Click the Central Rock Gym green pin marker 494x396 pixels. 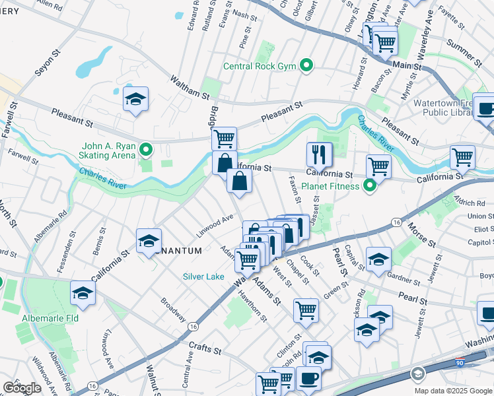pyautogui.click(x=306, y=65)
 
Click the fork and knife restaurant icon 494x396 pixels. pyautogui.click(x=319, y=154)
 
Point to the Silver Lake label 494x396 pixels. pyautogui.click(x=205, y=277)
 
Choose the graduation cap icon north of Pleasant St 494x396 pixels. pyautogui.click(x=135, y=100)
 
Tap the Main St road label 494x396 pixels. pyautogui.click(x=407, y=65)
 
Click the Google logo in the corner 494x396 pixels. pyautogui.click(x=22, y=388)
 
